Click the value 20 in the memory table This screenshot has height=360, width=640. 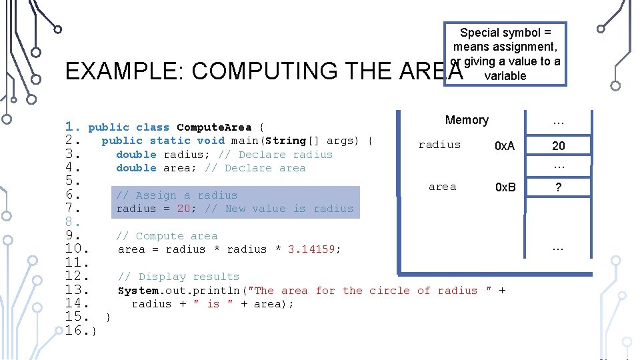(x=558, y=146)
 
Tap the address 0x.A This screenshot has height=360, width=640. (x=504, y=146)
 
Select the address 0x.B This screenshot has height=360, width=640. (x=505, y=187)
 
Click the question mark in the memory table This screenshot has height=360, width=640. (x=558, y=188)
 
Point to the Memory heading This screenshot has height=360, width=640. (x=467, y=120)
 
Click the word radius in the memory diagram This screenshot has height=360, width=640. (x=439, y=145)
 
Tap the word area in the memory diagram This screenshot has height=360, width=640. (x=442, y=187)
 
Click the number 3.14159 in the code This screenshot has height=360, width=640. (x=313, y=249)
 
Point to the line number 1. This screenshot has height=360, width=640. (x=73, y=127)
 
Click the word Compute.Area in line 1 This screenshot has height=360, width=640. (x=214, y=127)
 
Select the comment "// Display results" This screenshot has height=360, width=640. (x=178, y=277)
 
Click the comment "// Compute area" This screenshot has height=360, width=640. (x=167, y=236)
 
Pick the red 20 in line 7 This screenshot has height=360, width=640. (x=183, y=209)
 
